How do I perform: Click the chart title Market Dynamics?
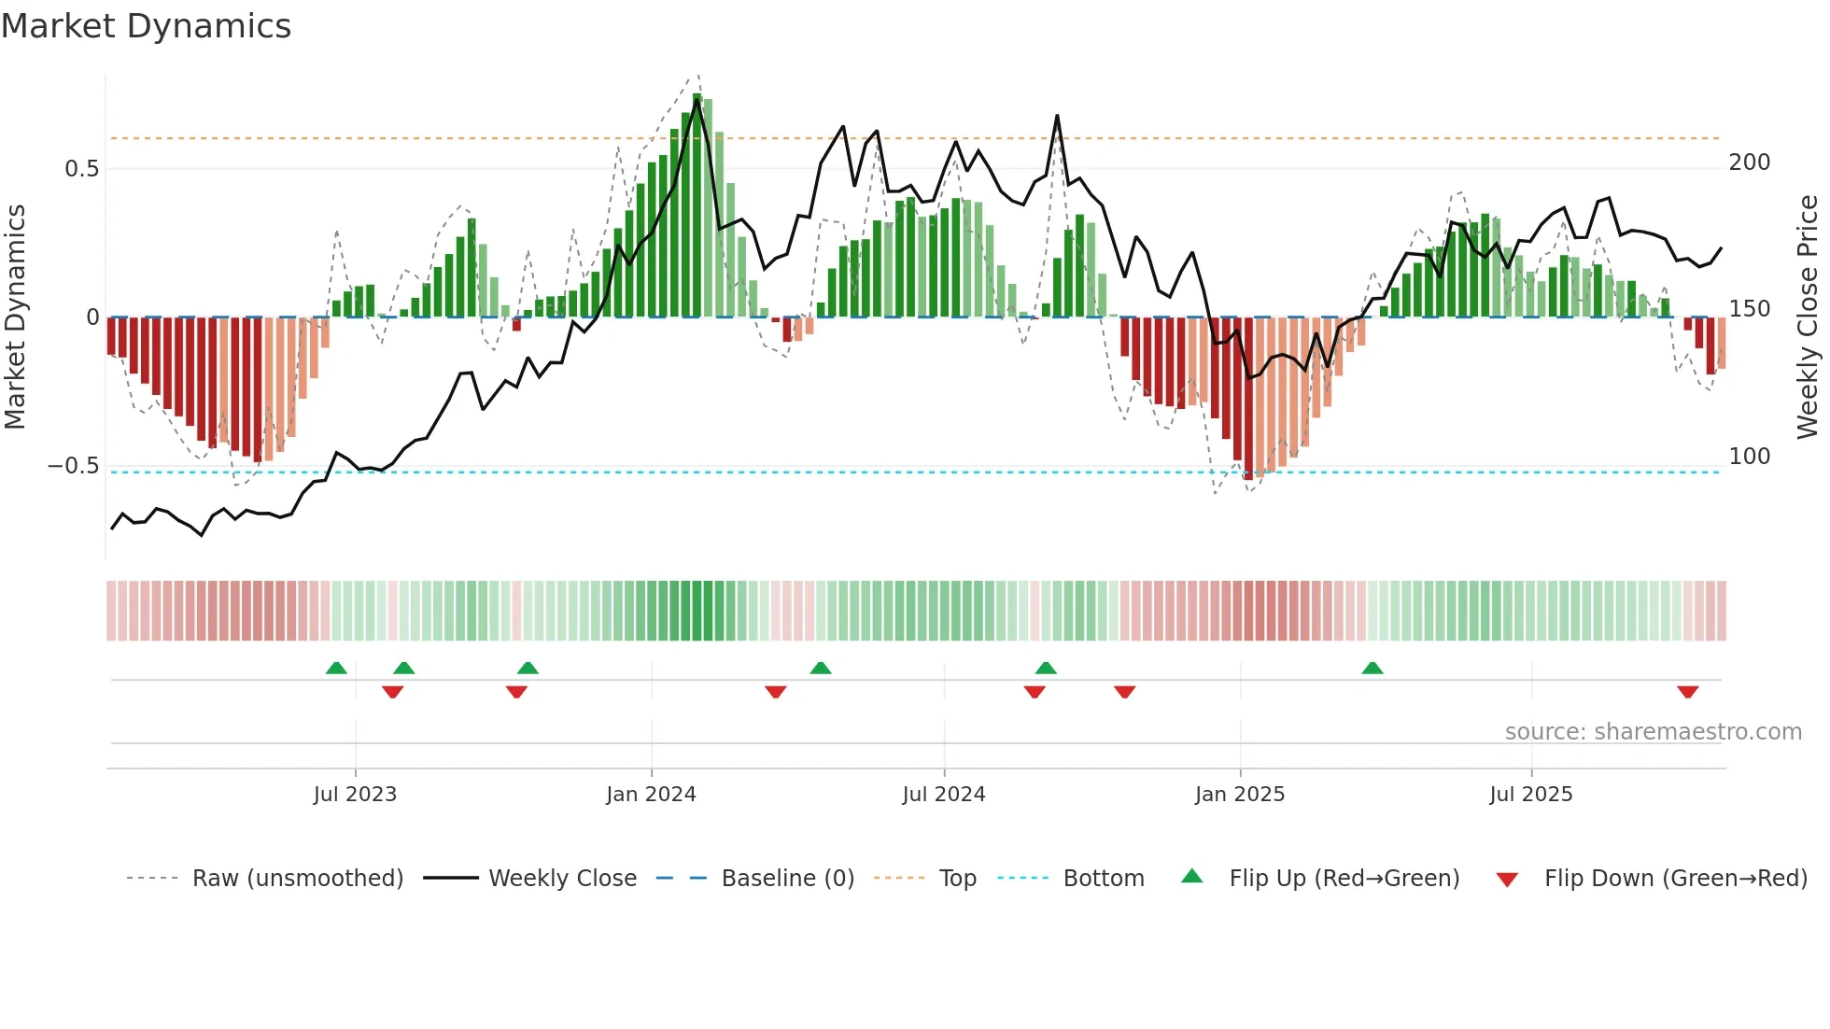click(146, 26)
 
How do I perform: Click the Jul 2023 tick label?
click(355, 795)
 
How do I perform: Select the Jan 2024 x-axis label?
click(651, 795)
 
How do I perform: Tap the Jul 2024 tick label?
click(943, 795)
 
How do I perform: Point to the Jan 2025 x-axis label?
click(1239, 795)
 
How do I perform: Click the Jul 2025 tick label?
click(1530, 795)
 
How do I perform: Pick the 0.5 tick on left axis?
click(81, 169)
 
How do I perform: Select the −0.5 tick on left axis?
click(73, 466)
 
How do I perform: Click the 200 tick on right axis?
click(1749, 162)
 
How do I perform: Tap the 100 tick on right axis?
click(1749, 457)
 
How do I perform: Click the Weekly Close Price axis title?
click(1808, 317)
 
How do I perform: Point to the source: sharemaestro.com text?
click(1653, 732)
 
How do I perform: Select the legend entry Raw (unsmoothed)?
click(297, 879)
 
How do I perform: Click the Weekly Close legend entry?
click(562, 879)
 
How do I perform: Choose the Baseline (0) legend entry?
click(787, 879)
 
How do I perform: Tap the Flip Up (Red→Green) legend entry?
click(1344, 879)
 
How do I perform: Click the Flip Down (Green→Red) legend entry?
click(1675, 879)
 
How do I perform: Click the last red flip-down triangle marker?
click(1687, 692)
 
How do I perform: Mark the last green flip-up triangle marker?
click(1372, 669)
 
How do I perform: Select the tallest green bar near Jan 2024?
click(697, 205)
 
